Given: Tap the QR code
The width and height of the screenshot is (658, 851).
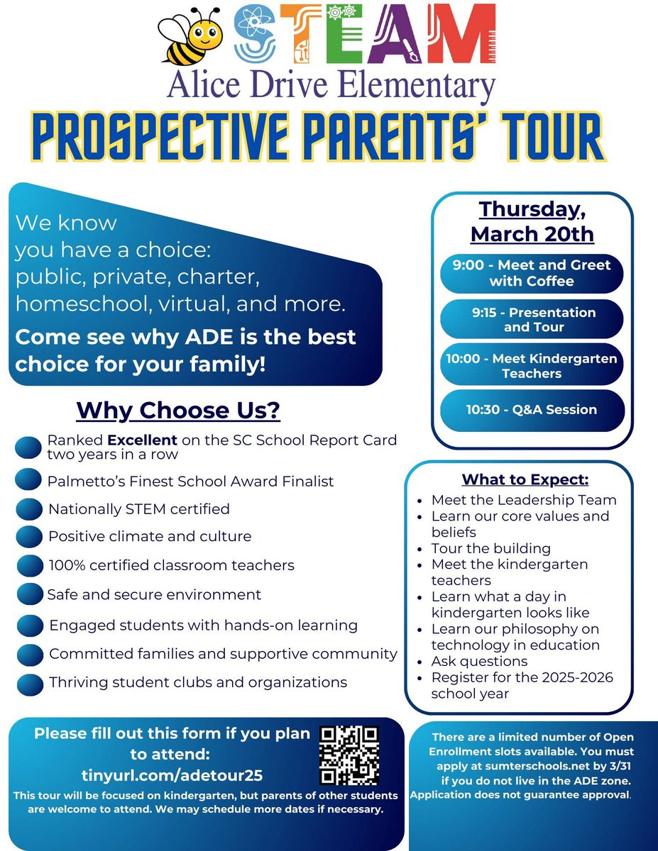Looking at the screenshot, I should [x=349, y=755].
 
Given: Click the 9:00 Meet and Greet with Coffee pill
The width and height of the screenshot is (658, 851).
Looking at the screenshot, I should [x=532, y=273].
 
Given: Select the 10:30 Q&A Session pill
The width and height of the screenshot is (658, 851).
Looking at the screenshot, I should [x=532, y=410].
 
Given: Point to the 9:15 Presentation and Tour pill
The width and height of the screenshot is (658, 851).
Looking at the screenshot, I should [x=532, y=319].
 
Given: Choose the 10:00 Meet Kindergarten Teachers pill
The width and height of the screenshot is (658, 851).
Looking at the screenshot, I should [x=532, y=366].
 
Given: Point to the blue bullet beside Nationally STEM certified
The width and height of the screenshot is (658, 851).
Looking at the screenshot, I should [x=30, y=510].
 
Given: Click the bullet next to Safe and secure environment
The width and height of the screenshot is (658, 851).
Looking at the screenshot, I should [x=30, y=594].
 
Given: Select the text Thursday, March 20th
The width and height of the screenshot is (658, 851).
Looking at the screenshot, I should [x=532, y=221].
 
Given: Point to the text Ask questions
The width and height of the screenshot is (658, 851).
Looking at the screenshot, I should [x=479, y=661].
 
